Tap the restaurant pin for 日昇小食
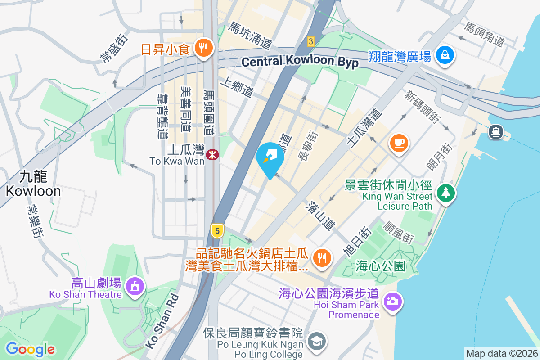pyautogui.click(x=203, y=47)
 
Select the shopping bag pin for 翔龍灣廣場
pyautogui.click(x=445, y=55)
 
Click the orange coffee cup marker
pyautogui.click(x=399, y=143)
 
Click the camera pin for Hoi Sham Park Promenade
pyautogui.click(x=393, y=300)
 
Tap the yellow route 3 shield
pyautogui.click(x=310, y=41)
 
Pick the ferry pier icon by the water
pyautogui.click(x=496, y=131)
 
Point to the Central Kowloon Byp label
pyautogui.click(x=300, y=62)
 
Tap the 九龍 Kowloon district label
pyautogui.click(x=33, y=183)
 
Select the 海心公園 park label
pyautogui.click(x=381, y=265)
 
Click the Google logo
pyautogui.click(x=30, y=349)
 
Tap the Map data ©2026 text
pyautogui.click(x=501, y=354)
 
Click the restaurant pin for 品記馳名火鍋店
pyautogui.click(x=323, y=258)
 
